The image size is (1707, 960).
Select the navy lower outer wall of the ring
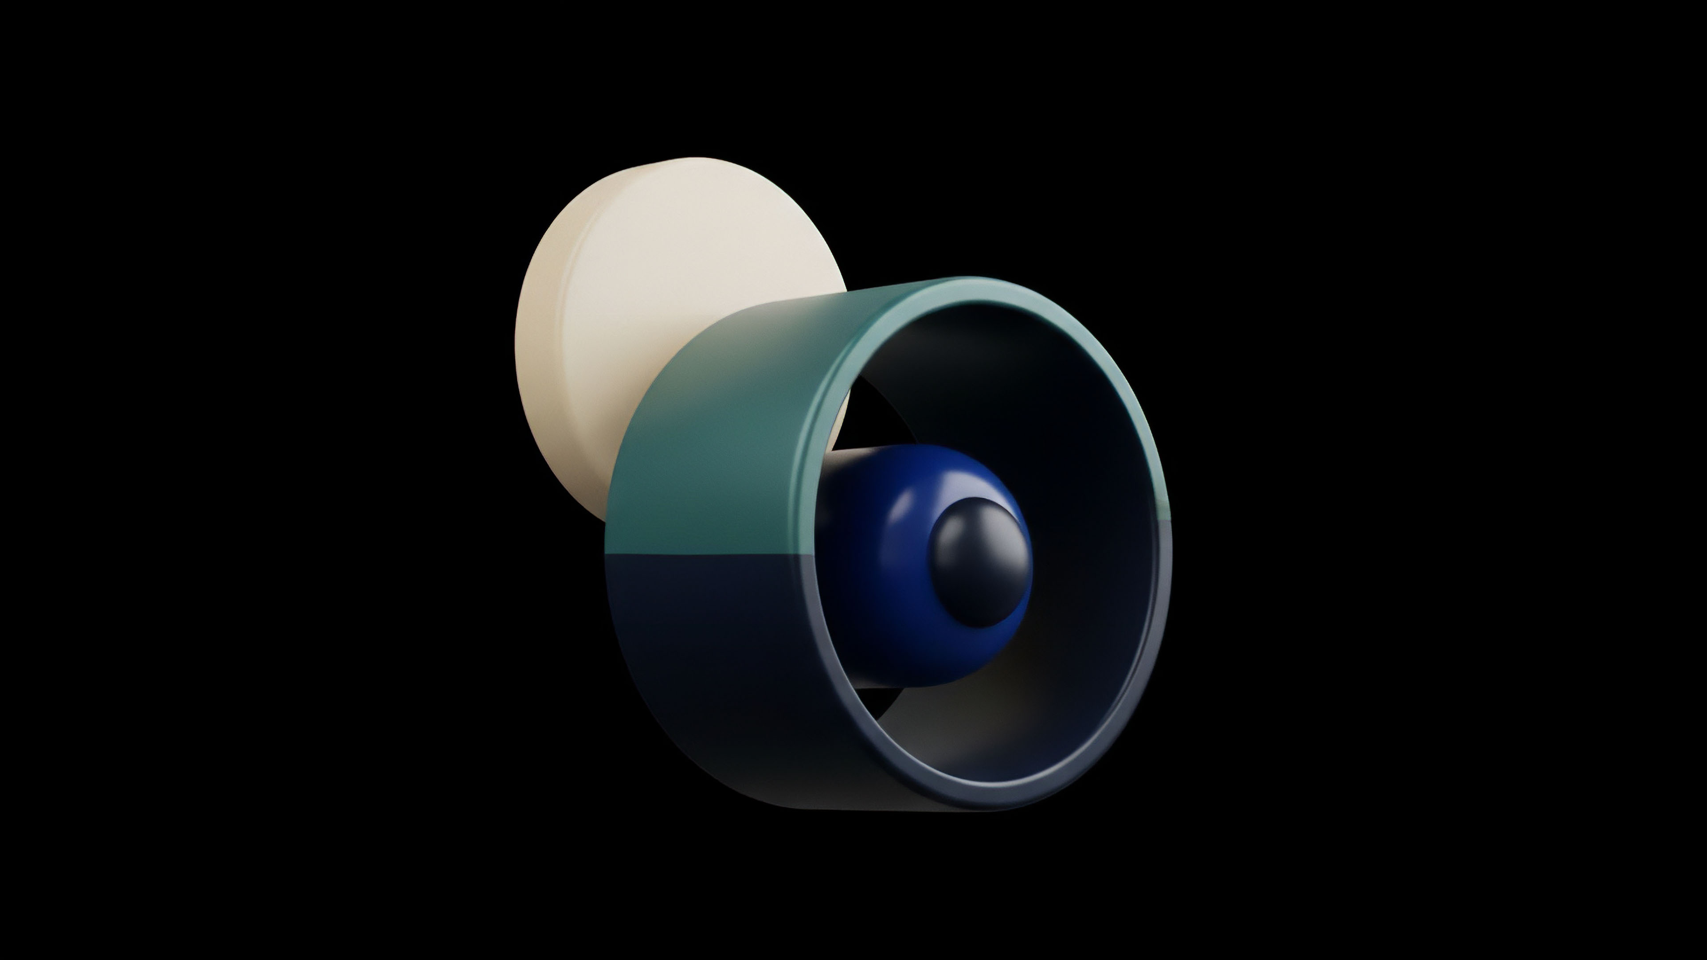[x=716, y=663]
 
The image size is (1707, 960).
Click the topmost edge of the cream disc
[x=696, y=159]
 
